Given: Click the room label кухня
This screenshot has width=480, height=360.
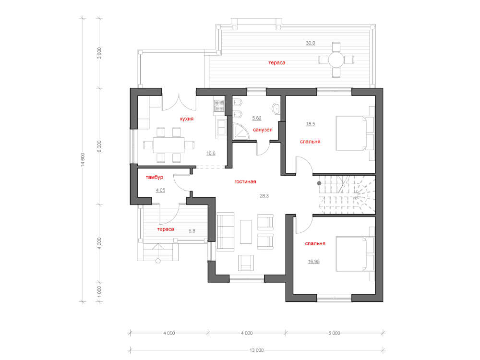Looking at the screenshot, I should [x=187, y=119].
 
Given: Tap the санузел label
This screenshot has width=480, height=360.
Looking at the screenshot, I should [x=263, y=130].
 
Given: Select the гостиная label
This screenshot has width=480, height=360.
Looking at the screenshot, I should [x=245, y=182].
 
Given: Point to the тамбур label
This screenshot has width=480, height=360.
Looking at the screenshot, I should [x=155, y=178].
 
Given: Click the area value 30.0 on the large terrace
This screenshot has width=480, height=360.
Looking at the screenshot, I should [x=311, y=43].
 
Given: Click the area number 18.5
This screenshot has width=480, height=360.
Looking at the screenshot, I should [x=311, y=124].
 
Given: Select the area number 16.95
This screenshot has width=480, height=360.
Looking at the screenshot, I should [x=313, y=262].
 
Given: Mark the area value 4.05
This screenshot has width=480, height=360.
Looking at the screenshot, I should [x=160, y=191].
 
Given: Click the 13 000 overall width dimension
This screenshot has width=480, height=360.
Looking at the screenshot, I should [x=257, y=350].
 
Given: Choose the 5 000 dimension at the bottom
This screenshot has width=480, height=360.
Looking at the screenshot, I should [x=335, y=333].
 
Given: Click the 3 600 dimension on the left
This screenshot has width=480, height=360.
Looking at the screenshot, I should [x=99, y=53].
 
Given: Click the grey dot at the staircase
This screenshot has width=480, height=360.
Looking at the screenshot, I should [x=318, y=183].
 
